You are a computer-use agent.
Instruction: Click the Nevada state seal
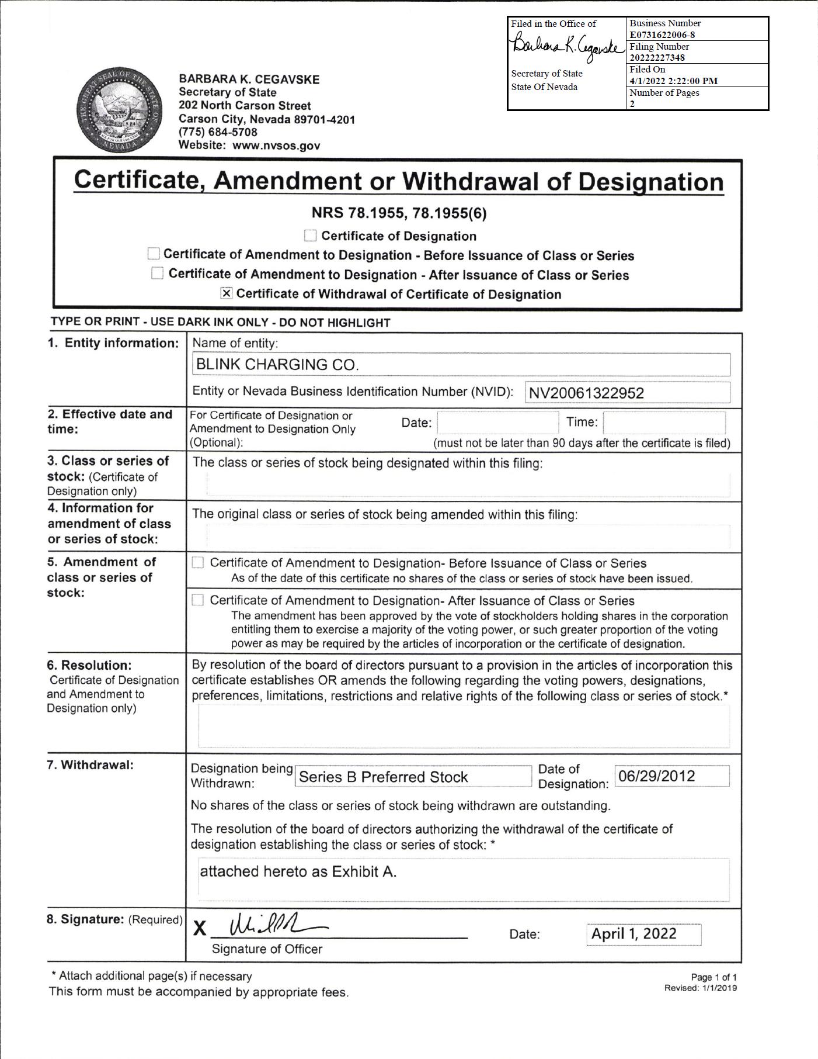pos(120,110)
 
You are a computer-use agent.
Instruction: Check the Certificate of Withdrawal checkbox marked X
pos(227,293)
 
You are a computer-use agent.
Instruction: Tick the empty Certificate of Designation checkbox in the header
pos(311,236)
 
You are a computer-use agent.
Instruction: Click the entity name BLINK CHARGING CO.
pos(277,365)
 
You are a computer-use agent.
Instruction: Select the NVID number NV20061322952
pos(586,393)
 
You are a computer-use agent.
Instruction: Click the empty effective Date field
pos(497,423)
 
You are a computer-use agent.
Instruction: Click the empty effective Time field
pos(664,423)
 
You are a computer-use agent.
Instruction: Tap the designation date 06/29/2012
pos(657,776)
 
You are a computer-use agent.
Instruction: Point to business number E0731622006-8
pos(662,34)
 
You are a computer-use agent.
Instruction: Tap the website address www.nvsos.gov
pos(276,146)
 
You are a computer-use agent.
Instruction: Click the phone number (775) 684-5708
pos(218,133)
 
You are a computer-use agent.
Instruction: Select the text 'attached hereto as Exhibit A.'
pos(298,872)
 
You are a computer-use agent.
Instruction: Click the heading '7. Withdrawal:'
pos(90,765)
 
